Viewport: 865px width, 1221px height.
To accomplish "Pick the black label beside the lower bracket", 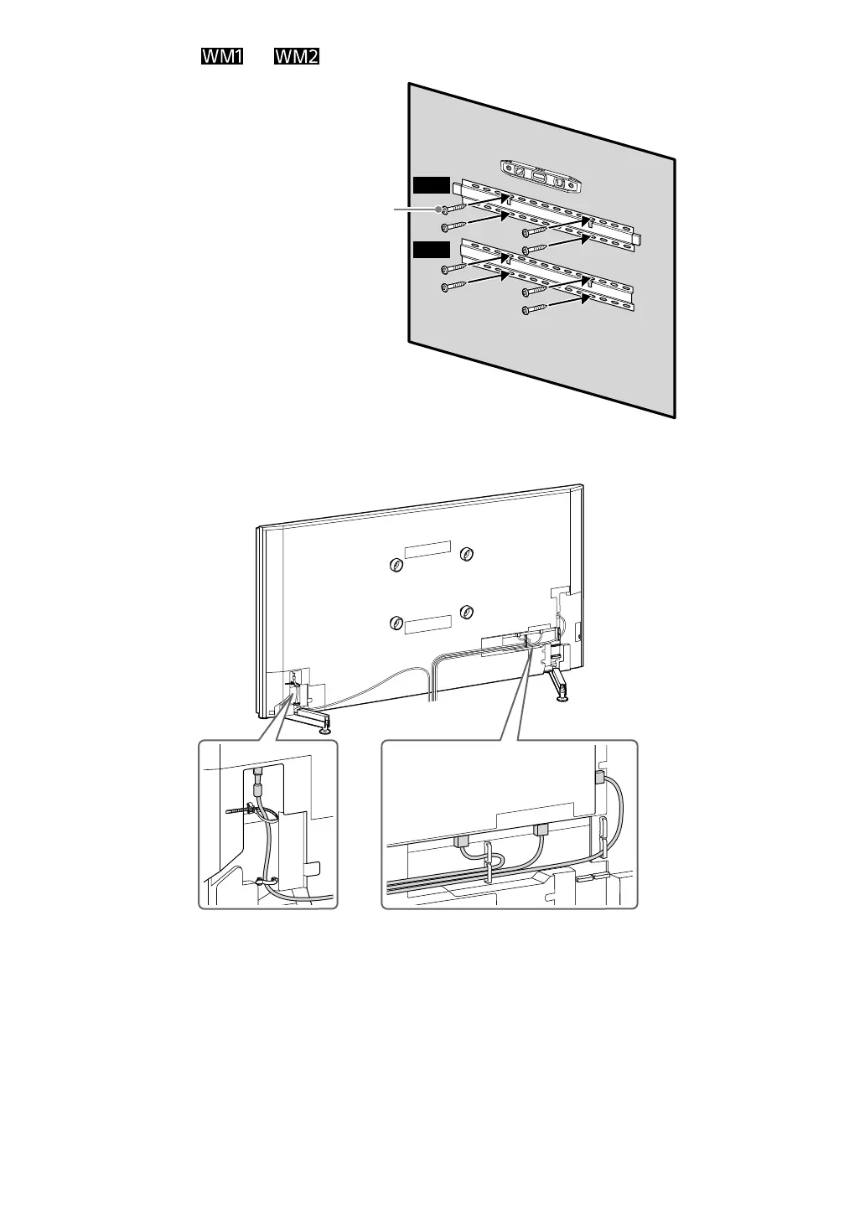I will point(431,248).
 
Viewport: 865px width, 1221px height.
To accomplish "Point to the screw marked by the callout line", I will point(453,209).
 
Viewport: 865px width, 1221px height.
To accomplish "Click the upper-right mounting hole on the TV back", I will point(468,553).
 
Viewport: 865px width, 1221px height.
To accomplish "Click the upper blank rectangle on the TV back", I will point(427,548).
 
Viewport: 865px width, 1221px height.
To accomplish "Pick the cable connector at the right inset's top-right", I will point(599,777).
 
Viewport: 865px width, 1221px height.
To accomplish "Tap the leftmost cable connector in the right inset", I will point(461,841).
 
